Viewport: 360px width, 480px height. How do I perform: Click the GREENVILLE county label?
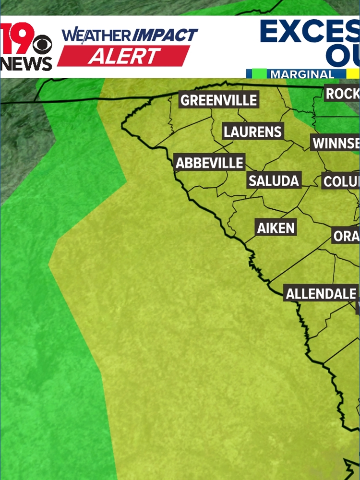click(219, 100)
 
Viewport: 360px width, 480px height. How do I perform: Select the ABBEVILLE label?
click(210, 163)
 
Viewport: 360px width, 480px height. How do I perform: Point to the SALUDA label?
click(274, 181)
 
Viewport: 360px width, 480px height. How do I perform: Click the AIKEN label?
click(276, 228)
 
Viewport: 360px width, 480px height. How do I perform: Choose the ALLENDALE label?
click(321, 294)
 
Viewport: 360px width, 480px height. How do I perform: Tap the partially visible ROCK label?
click(342, 94)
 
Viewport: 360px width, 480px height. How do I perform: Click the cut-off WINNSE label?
click(336, 143)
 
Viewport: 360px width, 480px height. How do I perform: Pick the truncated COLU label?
click(341, 181)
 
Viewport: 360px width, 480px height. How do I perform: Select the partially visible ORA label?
click(346, 236)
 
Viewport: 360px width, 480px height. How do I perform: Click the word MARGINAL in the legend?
click(302, 75)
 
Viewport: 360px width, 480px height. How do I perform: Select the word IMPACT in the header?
click(165, 35)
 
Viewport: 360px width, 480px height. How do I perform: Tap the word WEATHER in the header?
click(96, 36)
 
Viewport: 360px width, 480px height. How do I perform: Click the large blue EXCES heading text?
click(310, 32)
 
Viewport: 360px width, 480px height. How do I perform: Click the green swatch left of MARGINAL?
click(256, 74)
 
